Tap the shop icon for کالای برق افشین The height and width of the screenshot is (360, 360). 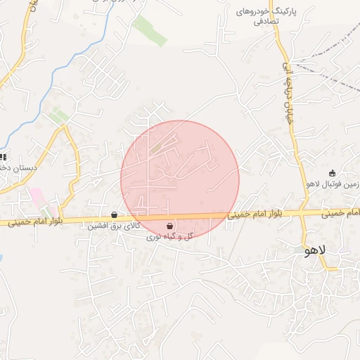click(114, 215)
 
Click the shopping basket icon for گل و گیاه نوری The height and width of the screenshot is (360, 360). click(169, 226)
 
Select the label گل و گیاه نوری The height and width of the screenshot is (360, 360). click(169, 238)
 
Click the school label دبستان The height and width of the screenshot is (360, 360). click(15, 168)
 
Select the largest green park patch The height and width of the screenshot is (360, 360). click(149, 30)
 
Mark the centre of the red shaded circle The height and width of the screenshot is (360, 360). click(180, 179)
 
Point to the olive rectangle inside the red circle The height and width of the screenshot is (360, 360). click(164, 147)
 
